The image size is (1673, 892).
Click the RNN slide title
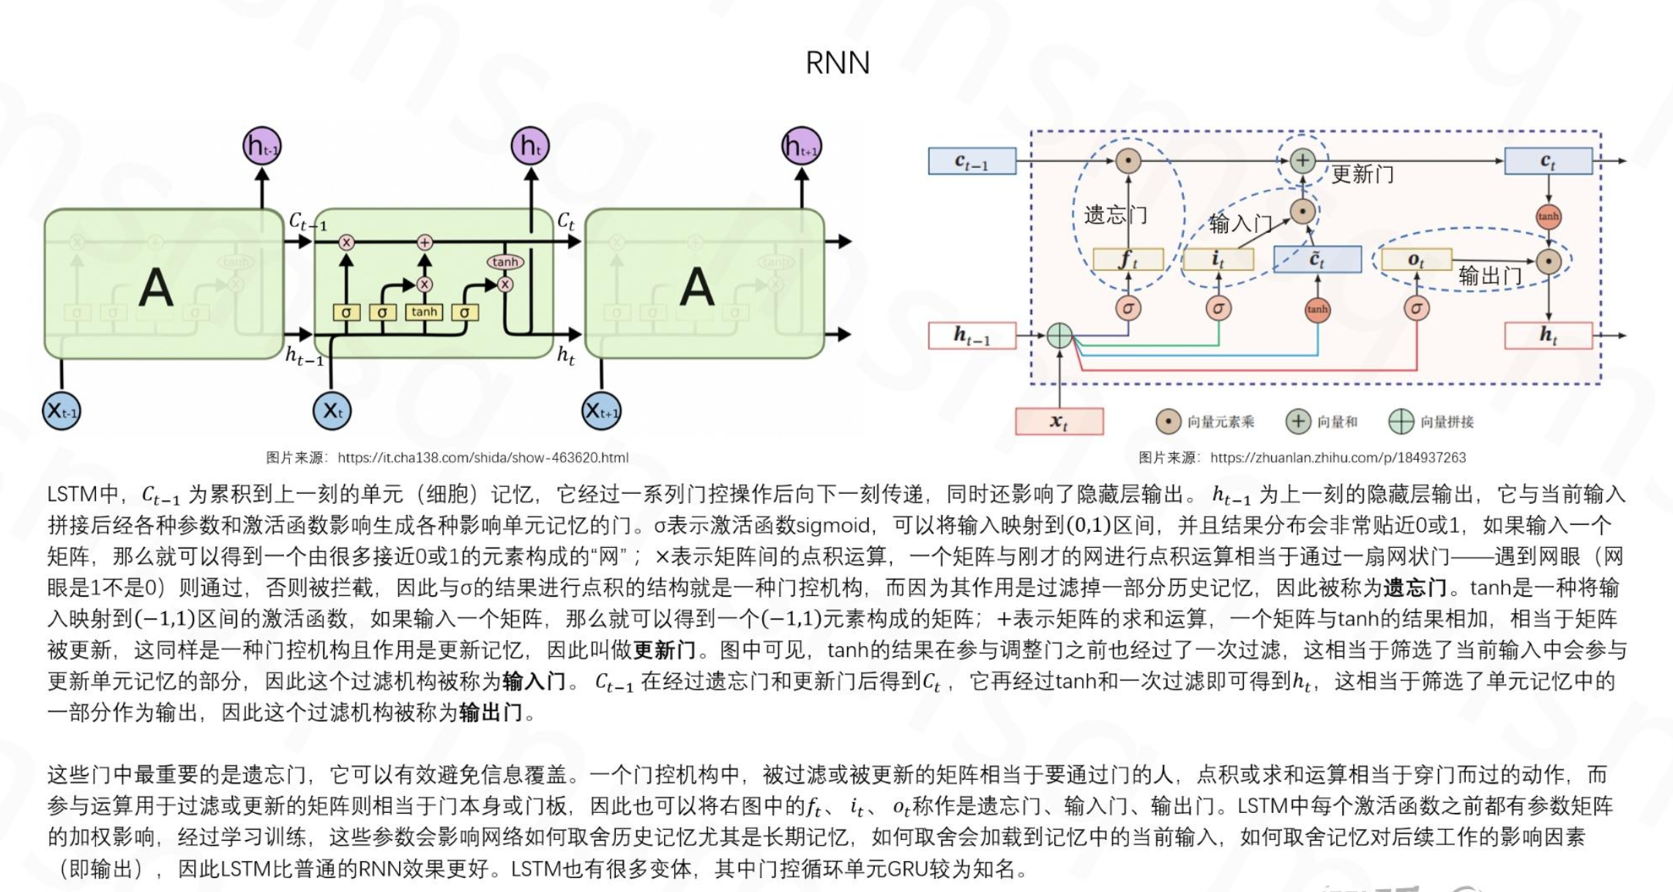[837, 63]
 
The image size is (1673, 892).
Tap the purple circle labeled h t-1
[261, 146]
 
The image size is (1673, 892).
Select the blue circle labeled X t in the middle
[332, 411]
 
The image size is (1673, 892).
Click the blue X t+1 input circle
[601, 411]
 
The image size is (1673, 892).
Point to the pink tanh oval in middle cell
[505, 261]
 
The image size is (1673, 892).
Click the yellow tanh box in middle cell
[424, 312]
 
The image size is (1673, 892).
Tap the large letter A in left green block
[156, 287]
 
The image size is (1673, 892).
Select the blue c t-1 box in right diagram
[972, 161]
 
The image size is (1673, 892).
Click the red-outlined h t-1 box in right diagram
[972, 335]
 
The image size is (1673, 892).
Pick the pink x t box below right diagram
[1059, 421]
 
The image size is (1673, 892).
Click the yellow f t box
[1128, 259]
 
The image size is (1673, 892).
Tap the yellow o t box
[1416, 259]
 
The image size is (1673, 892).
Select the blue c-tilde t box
[1316, 259]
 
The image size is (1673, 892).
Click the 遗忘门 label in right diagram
[1115, 215]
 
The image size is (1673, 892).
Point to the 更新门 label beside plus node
[1362, 174]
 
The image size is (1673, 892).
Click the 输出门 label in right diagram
[1490, 276]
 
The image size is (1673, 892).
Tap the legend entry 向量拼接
[1446, 422]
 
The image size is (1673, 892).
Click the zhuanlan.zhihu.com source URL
[1338, 458]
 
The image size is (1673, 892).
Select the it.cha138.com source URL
[482, 458]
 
